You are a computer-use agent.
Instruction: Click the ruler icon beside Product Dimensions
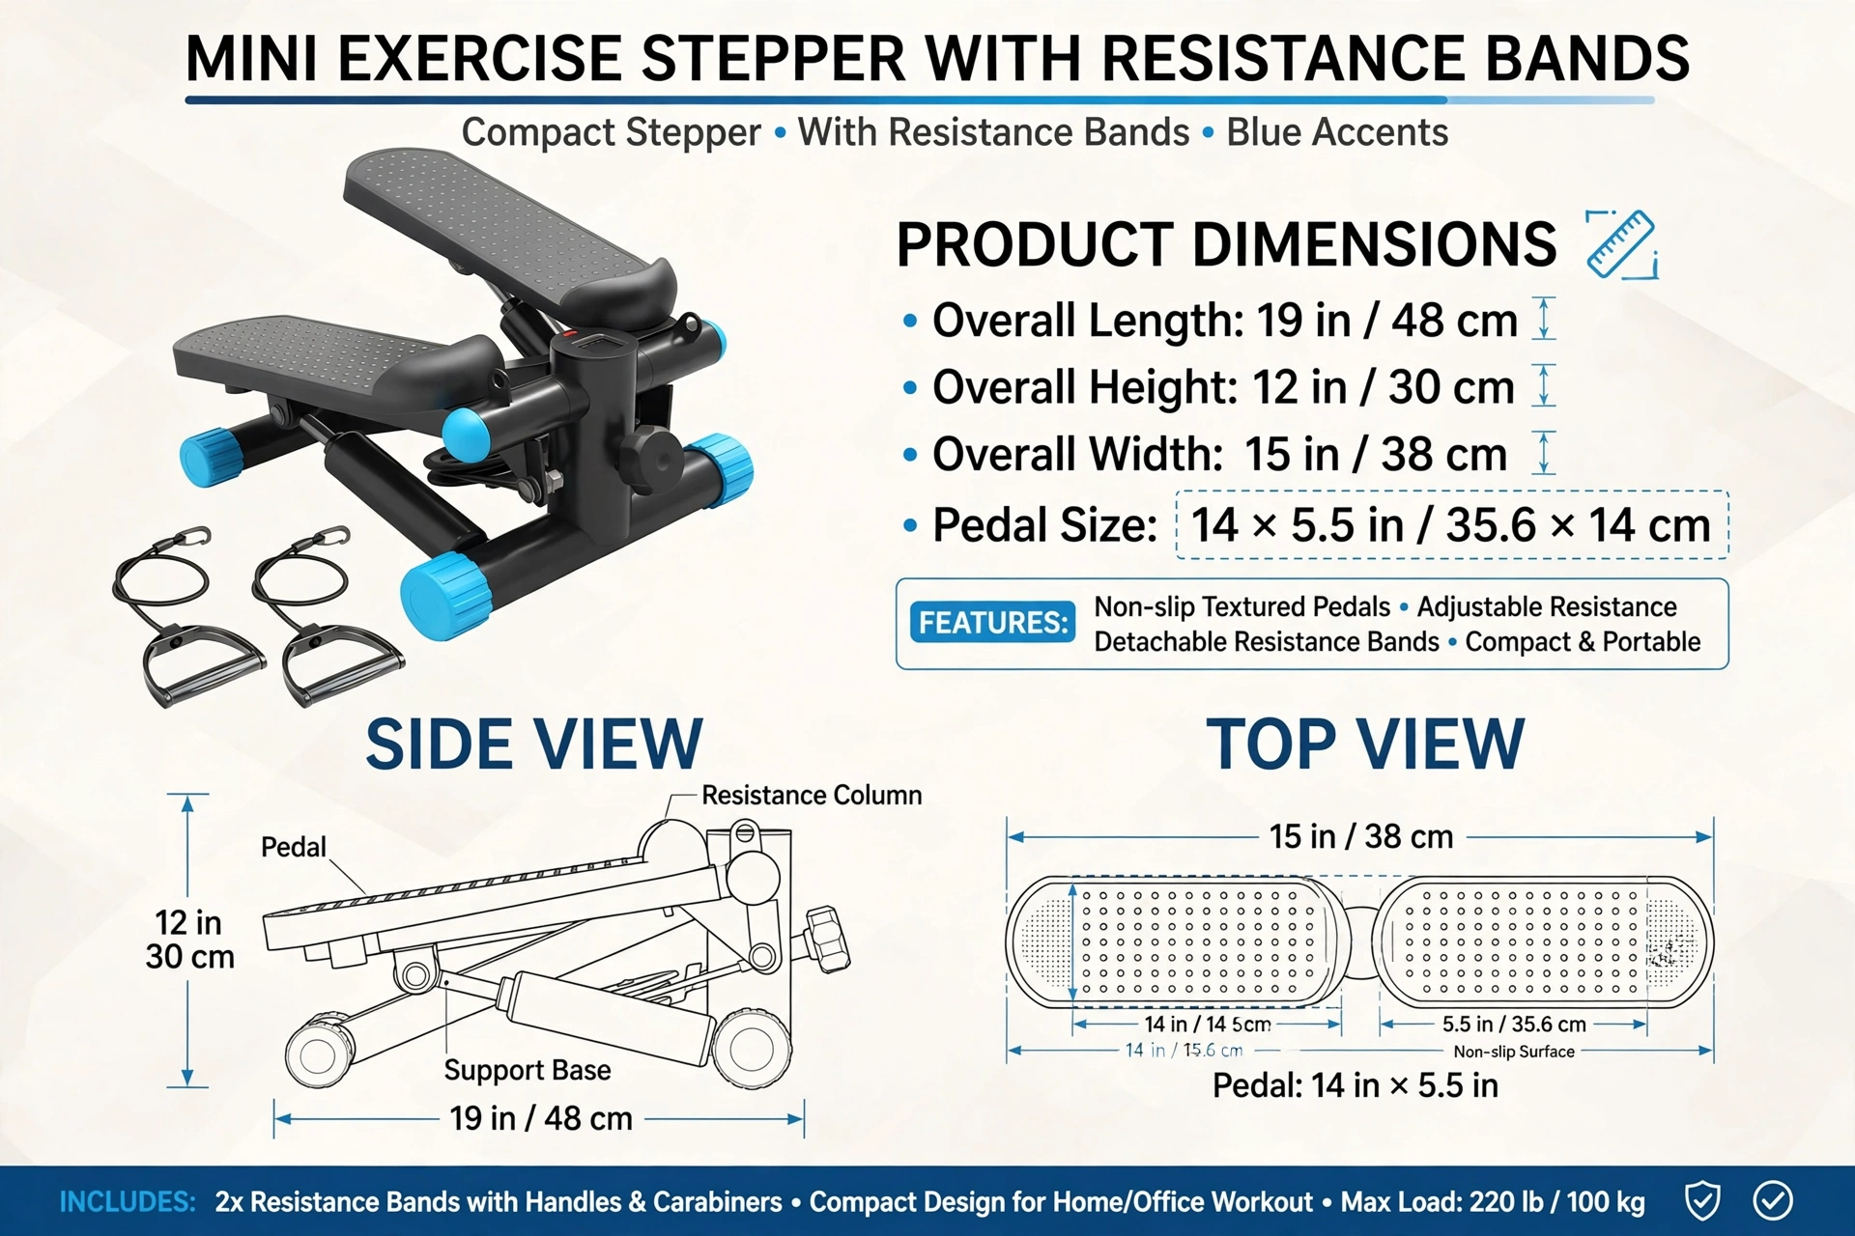coord(1622,244)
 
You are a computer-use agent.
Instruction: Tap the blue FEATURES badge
coord(992,623)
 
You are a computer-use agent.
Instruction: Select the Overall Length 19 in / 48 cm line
coord(1224,321)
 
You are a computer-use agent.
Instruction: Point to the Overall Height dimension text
coord(1223,388)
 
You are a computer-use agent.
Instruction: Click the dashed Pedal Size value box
coord(1451,525)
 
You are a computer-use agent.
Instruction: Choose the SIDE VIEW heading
coord(534,744)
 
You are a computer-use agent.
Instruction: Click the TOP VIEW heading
coord(1365,744)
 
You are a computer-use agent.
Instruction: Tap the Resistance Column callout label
coord(812,795)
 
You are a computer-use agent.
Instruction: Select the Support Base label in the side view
coord(528,1070)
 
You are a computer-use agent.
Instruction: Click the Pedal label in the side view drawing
coord(294,847)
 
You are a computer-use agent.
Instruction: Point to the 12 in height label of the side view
coord(189,940)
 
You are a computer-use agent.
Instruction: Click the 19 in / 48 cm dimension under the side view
coord(541,1118)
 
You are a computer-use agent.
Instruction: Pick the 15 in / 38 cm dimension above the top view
coord(1361,836)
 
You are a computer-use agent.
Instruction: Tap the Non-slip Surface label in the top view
coord(1514,1052)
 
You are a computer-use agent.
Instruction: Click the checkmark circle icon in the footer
coord(1773,1201)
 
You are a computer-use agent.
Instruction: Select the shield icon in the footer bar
coord(1702,1201)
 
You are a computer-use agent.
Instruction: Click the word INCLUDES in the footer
coord(128,1202)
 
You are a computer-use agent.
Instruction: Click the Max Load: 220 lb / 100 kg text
coord(1493,1202)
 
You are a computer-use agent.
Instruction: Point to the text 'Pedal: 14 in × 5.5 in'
coord(1356,1085)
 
